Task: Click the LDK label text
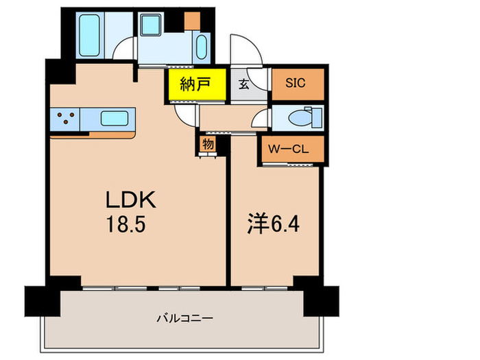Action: tap(132, 200)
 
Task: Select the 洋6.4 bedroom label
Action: tap(273, 224)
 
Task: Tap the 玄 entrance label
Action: tap(244, 86)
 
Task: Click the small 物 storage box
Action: tap(208, 145)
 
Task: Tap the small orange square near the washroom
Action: tap(192, 21)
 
